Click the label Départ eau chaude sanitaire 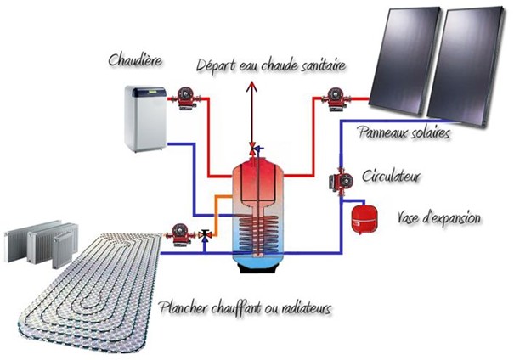point(273,65)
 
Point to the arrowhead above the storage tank point(251,76)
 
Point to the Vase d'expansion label point(439,218)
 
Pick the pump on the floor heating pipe point(181,230)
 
